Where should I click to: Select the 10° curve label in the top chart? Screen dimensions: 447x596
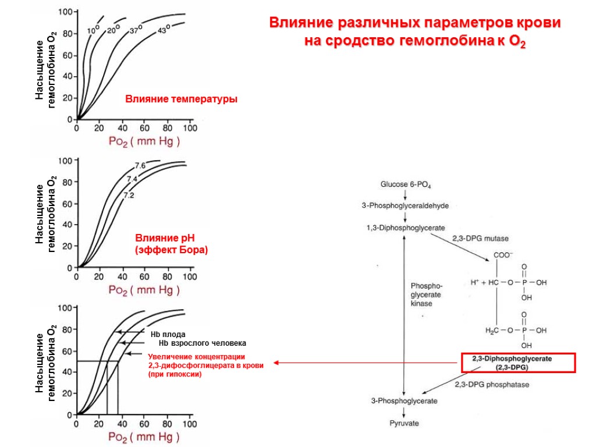[94, 29]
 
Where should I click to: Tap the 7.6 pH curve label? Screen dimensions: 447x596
[140, 166]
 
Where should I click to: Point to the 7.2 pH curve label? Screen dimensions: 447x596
[129, 196]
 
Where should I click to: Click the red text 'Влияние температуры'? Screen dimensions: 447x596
[182, 100]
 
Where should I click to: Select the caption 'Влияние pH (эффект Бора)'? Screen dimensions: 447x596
[172, 244]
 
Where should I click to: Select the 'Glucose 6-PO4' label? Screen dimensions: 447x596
[405, 185]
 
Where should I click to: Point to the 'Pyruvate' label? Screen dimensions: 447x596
[404, 423]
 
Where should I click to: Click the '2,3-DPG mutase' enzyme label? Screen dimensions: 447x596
[480, 239]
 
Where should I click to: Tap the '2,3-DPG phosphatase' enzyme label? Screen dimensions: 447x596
[492, 384]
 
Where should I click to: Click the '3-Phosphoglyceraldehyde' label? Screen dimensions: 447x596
[405, 205]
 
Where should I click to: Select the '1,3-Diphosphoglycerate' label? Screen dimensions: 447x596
[405, 228]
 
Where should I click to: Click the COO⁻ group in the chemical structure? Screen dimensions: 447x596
[503, 255]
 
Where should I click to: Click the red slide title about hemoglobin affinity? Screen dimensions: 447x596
[415, 33]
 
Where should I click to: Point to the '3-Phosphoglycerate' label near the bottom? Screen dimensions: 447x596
[405, 401]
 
